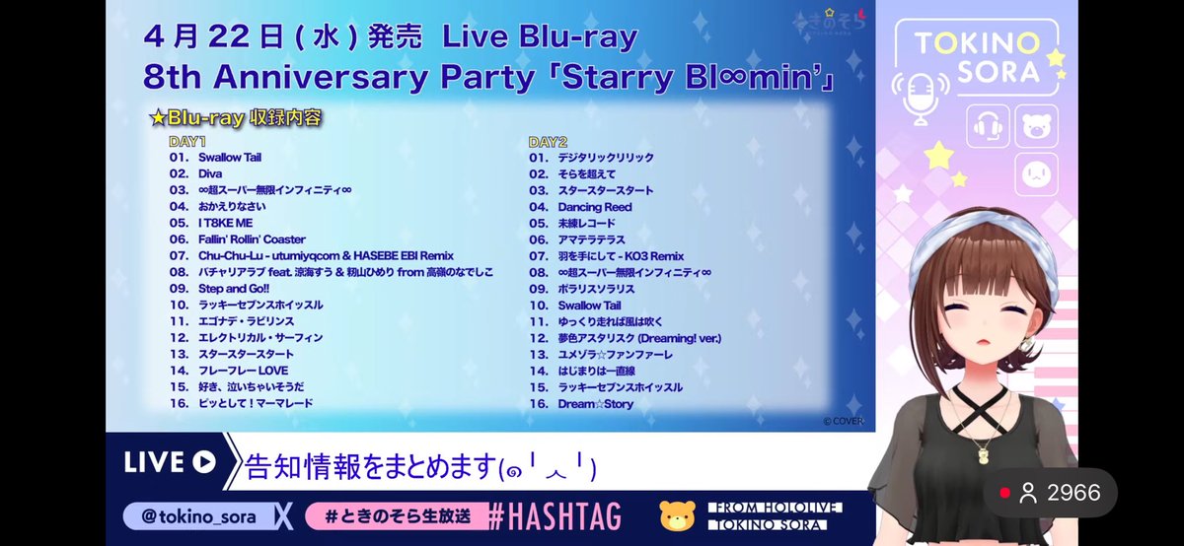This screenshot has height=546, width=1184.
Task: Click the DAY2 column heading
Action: pos(548,142)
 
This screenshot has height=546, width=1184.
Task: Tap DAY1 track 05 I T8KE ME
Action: pos(219,223)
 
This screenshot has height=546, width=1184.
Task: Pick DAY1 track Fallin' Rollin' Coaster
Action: pos(252,239)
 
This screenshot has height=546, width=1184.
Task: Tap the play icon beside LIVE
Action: pos(204,462)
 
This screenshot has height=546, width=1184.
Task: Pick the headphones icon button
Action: pos(988,126)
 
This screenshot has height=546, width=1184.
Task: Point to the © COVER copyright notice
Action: pos(843,422)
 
